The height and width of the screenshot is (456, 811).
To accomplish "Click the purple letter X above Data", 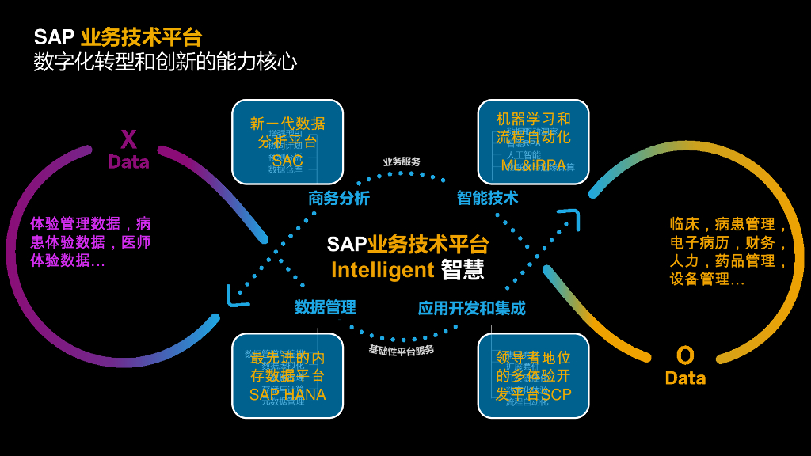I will coord(128,140).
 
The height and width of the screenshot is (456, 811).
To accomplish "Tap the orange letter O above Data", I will coord(685,355).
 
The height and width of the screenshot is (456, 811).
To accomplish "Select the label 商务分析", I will coord(338,199).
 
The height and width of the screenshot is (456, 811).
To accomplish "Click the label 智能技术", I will coord(487,198).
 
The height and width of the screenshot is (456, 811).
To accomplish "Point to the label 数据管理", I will coord(326,307).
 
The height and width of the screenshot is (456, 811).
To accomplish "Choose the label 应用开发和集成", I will coord(471,308).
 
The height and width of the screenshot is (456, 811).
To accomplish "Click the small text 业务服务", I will coord(402,161).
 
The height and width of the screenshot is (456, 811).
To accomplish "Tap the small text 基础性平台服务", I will coord(402,349).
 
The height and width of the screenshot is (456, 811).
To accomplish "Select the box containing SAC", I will coord(287,142).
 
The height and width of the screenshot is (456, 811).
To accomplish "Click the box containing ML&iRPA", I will coord(534,142).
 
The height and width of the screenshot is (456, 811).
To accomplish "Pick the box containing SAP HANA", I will coord(287,375).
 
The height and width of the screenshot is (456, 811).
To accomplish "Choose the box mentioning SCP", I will coord(534,375).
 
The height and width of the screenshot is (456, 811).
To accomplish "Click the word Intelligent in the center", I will coord(383,270).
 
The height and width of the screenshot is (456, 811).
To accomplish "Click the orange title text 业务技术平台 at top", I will coord(141,37).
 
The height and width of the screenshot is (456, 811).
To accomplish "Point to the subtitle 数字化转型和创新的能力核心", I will coord(166,62).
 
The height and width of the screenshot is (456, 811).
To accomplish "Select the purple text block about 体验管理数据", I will coord(90,241).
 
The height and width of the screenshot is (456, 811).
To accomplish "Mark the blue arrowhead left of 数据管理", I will coord(236,297).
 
